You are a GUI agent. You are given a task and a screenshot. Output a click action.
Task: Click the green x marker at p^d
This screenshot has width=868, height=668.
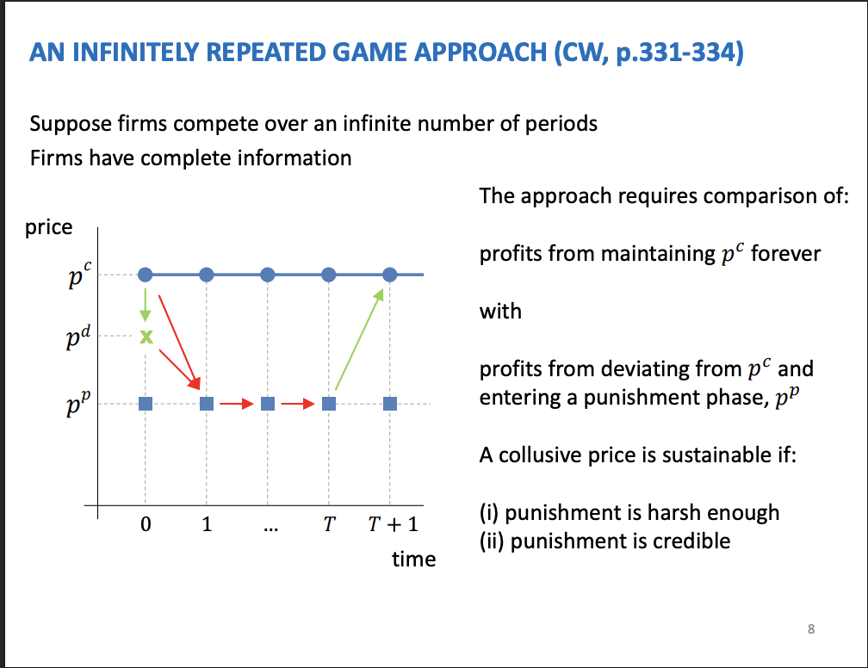click(x=146, y=337)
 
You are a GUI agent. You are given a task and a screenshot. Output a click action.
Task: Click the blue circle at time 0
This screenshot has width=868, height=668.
click(x=146, y=275)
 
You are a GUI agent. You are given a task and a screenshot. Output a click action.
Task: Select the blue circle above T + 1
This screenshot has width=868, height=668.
click(x=390, y=275)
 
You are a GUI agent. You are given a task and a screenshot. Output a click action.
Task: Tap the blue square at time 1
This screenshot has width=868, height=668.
click(x=207, y=403)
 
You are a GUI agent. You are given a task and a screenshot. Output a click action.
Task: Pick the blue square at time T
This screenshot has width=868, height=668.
click(x=329, y=403)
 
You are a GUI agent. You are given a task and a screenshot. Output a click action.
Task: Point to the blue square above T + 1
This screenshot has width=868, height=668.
click(x=390, y=403)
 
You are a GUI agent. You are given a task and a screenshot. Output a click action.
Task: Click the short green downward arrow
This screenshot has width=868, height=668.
click(x=146, y=304)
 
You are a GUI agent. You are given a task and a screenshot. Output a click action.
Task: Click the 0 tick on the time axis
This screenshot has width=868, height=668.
click(x=146, y=526)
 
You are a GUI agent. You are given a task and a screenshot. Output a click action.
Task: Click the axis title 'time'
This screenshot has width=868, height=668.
click(x=413, y=560)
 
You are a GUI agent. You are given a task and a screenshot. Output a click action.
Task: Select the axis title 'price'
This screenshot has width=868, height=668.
click(x=49, y=227)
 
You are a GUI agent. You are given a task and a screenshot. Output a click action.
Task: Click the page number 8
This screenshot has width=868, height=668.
click(x=810, y=629)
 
